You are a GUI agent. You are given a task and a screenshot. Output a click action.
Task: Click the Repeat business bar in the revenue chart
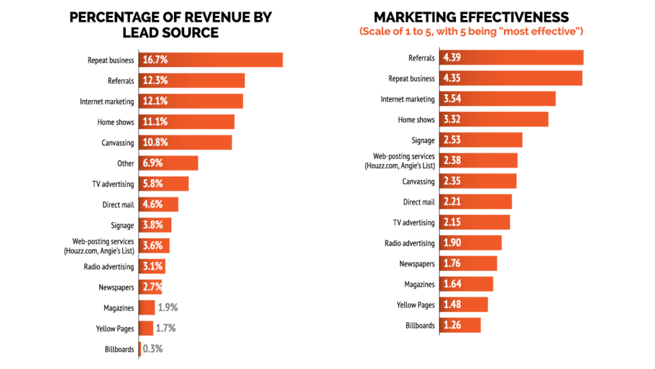click(211, 60)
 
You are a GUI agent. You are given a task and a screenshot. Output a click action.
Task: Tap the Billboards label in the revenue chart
click(120, 349)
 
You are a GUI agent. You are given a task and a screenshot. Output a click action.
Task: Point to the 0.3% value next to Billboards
click(153, 349)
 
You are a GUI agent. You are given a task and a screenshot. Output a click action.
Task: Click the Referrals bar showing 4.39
click(512, 58)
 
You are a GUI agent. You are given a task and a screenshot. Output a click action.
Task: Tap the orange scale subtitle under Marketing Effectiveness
click(472, 31)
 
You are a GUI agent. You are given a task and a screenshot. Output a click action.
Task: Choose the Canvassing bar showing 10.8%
click(185, 143)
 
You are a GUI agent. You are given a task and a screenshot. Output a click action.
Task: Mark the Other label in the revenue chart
click(125, 163)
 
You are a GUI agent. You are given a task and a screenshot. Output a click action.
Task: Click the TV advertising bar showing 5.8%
click(164, 184)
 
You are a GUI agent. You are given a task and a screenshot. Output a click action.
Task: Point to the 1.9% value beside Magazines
click(168, 307)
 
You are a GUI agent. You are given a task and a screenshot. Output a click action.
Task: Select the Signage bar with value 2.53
click(481, 140)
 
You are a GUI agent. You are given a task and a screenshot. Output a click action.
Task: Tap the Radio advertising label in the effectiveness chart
click(409, 243)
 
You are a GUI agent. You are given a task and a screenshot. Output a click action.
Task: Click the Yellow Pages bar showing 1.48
click(464, 305)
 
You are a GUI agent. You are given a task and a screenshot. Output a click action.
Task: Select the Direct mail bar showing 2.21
click(476, 202)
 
